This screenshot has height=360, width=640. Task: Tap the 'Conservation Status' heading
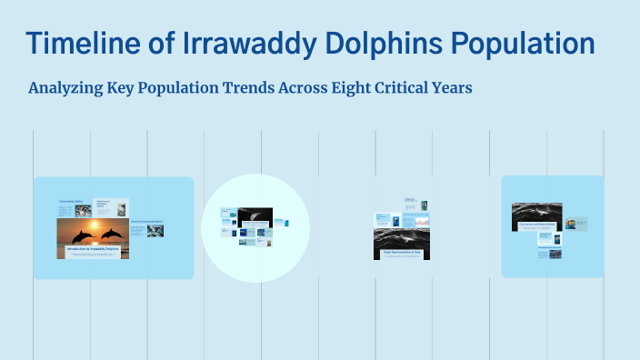(x=72, y=200)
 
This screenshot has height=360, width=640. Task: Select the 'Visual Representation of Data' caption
(x=401, y=252)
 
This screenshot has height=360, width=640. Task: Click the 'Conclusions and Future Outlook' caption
(x=536, y=224)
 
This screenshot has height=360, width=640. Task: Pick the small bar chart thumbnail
(x=423, y=222)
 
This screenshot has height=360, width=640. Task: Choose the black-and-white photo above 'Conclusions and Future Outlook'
(x=536, y=211)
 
